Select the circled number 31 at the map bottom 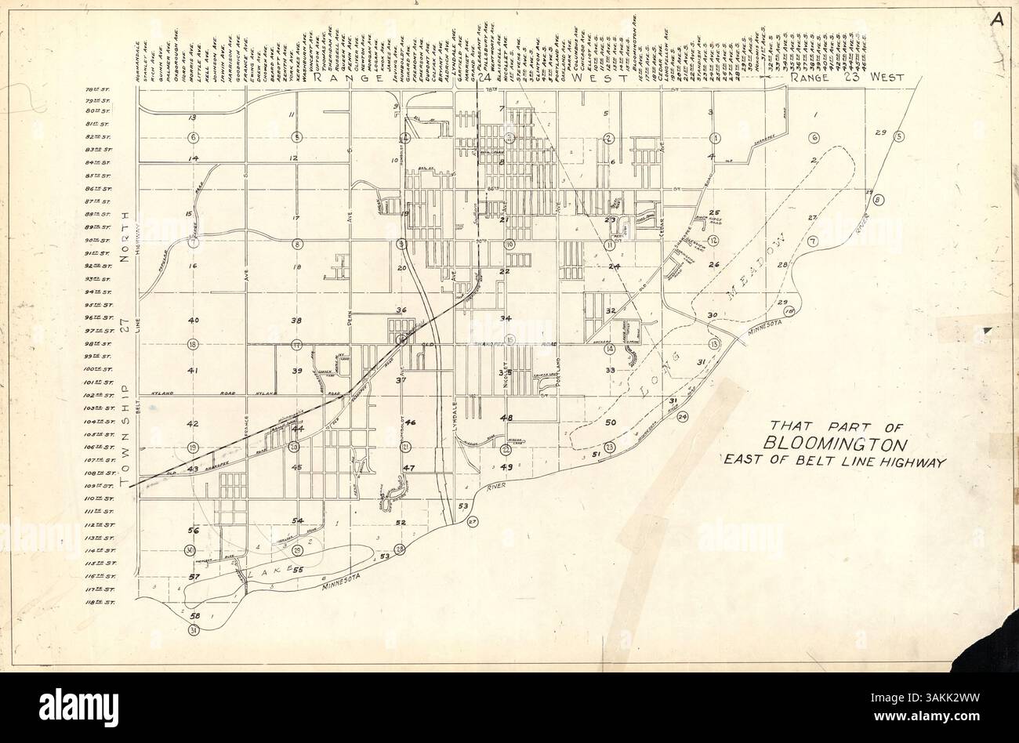[x=194, y=630]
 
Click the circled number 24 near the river [x=683, y=416]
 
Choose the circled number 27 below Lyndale [x=472, y=522]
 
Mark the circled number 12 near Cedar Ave [x=714, y=241]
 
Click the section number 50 [x=612, y=423]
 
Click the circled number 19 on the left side [x=194, y=448]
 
